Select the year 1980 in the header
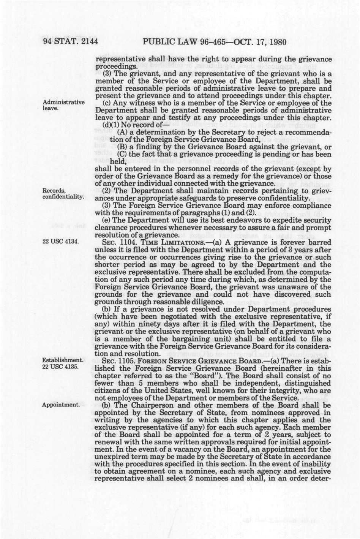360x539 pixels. point(273,42)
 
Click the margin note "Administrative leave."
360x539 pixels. point(63,105)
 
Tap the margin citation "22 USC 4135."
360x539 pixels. point(60,367)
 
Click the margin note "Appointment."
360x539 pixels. point(60,405)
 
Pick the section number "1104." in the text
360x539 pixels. point(128,242)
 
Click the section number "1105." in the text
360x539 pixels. point(128,360)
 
